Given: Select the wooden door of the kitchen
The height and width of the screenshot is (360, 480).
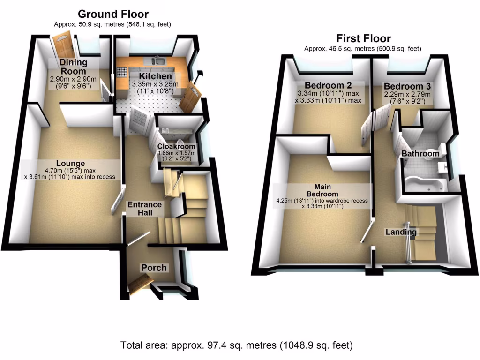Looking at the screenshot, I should click(193, 96).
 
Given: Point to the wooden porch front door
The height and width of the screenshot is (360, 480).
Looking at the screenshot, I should click(140, 283).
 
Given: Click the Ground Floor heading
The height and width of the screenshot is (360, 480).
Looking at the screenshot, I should click(113, 14).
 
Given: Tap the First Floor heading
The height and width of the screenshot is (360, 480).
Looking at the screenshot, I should click(363, 38).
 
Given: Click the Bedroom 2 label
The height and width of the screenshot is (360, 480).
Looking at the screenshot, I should click(328, 85).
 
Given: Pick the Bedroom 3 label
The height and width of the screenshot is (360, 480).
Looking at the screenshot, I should click(407, 87).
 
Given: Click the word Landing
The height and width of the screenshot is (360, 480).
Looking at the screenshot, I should click(401, 232).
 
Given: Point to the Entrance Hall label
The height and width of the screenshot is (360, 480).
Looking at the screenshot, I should click(145, 209).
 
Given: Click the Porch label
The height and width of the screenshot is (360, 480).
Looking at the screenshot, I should click(154, 268).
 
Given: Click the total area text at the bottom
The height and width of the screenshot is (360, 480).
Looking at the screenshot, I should click(237, 346).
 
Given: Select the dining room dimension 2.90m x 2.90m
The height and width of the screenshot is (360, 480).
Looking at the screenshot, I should click(73, 79).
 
